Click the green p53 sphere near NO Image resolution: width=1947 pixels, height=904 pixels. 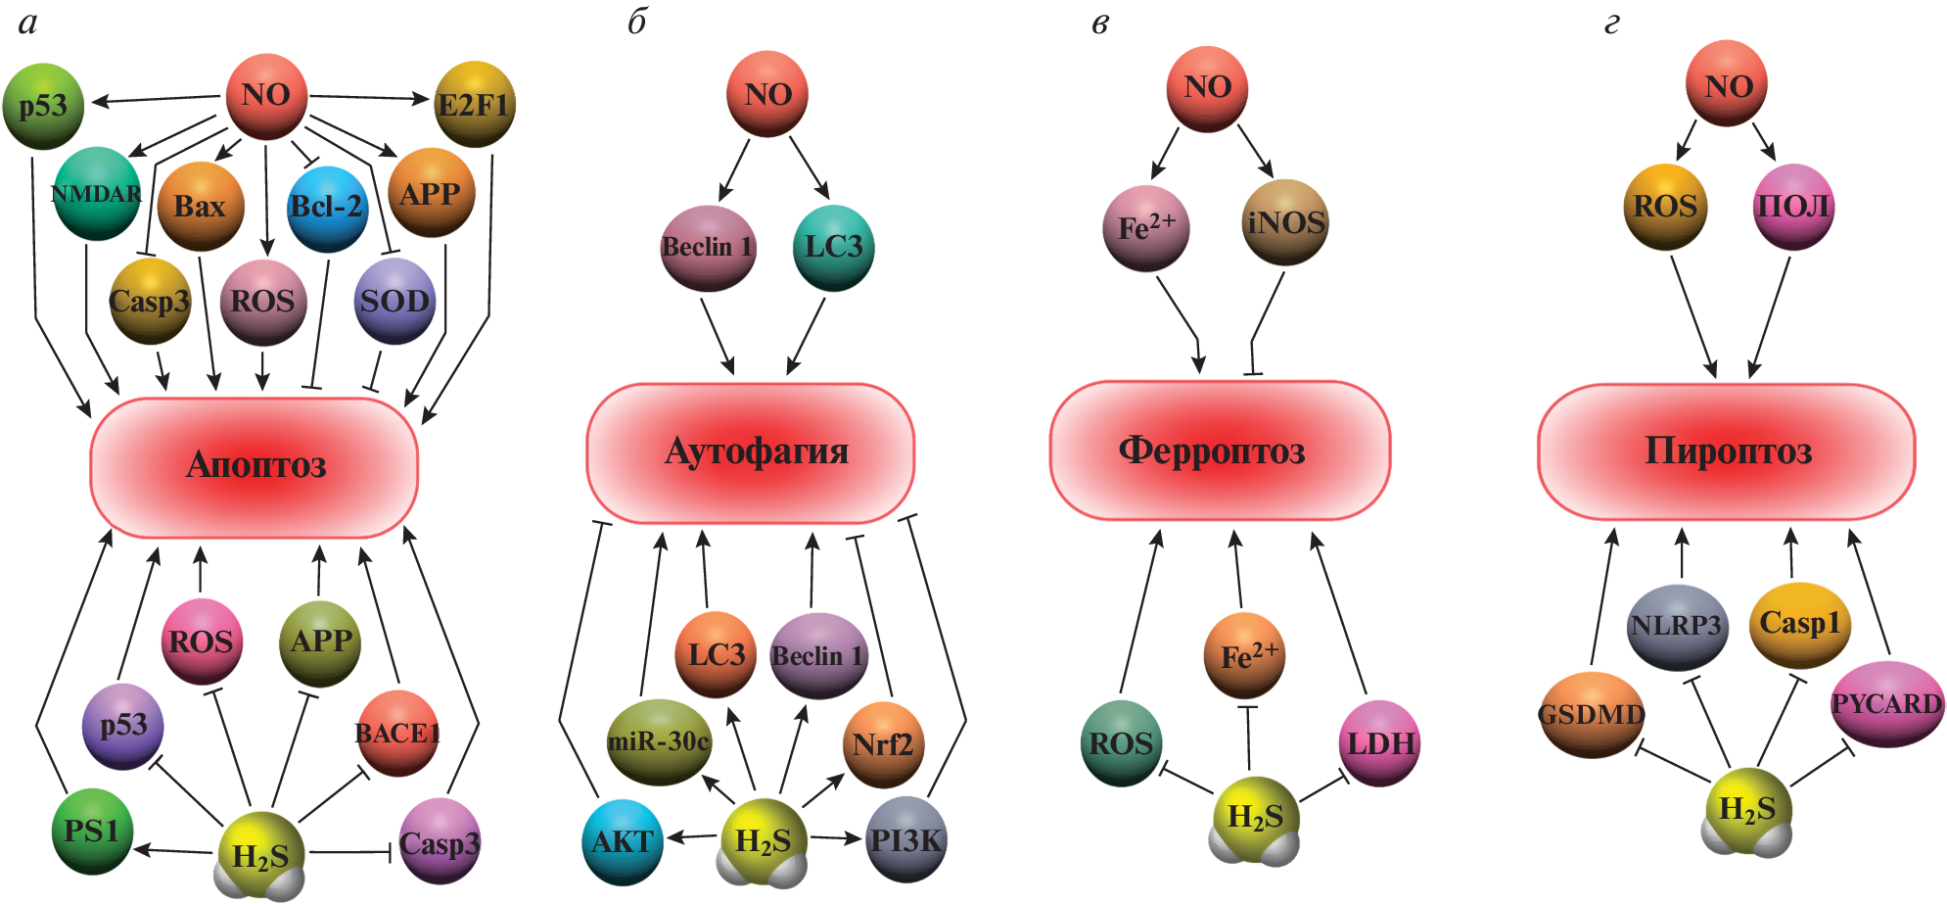point(43,106)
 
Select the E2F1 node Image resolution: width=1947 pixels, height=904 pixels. point(474,104)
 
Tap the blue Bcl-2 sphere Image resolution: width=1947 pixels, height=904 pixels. point(327,208)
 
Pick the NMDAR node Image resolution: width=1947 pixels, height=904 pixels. point(96,194)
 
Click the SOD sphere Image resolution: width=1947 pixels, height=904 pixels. point(394,301)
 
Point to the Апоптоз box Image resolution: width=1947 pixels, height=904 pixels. point(255,465)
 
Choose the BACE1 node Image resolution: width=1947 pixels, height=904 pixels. point(397,733)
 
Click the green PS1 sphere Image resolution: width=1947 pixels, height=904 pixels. point(91,832)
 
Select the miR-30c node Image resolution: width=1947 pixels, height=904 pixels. point(659,741)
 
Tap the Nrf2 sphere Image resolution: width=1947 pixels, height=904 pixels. point(882,744)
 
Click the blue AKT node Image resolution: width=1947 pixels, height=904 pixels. point(623,841)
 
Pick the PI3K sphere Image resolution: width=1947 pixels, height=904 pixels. point(905,839)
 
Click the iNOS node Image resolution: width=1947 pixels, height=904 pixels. point(1285,222)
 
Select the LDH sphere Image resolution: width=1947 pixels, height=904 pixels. point(1380,743)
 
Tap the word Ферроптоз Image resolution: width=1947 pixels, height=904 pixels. point(1212,451)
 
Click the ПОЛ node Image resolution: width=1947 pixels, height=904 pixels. point(1793,207)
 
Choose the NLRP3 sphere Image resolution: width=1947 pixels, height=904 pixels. point(1676,626)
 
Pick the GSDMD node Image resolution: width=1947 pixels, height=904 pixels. point(1591,715)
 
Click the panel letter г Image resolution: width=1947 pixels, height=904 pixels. point(1611,24)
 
